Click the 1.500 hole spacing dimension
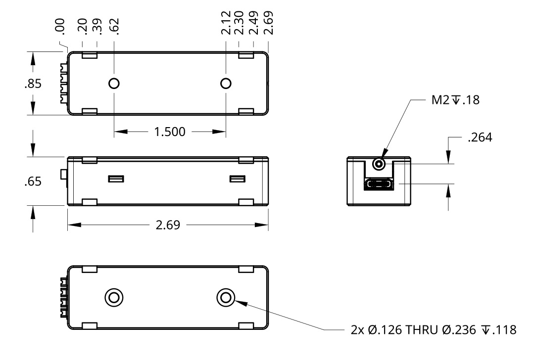click(x=169, y=132)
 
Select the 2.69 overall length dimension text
click(x=168, y=226)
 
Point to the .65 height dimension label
click(x=33, y=182)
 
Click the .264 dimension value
click(x=480, y=138)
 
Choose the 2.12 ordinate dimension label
click(x=226, y=24)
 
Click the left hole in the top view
click(x=114, y=83)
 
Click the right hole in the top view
click(x=226, y=83)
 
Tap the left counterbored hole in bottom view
click(x=114, y=298)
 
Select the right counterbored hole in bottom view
click(x=226, y=298)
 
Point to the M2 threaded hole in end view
click(x=379, y=164)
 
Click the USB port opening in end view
click(x=379, y=185)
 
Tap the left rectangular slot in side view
click(x=116, y=179)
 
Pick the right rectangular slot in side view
click(x=238, y=179)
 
